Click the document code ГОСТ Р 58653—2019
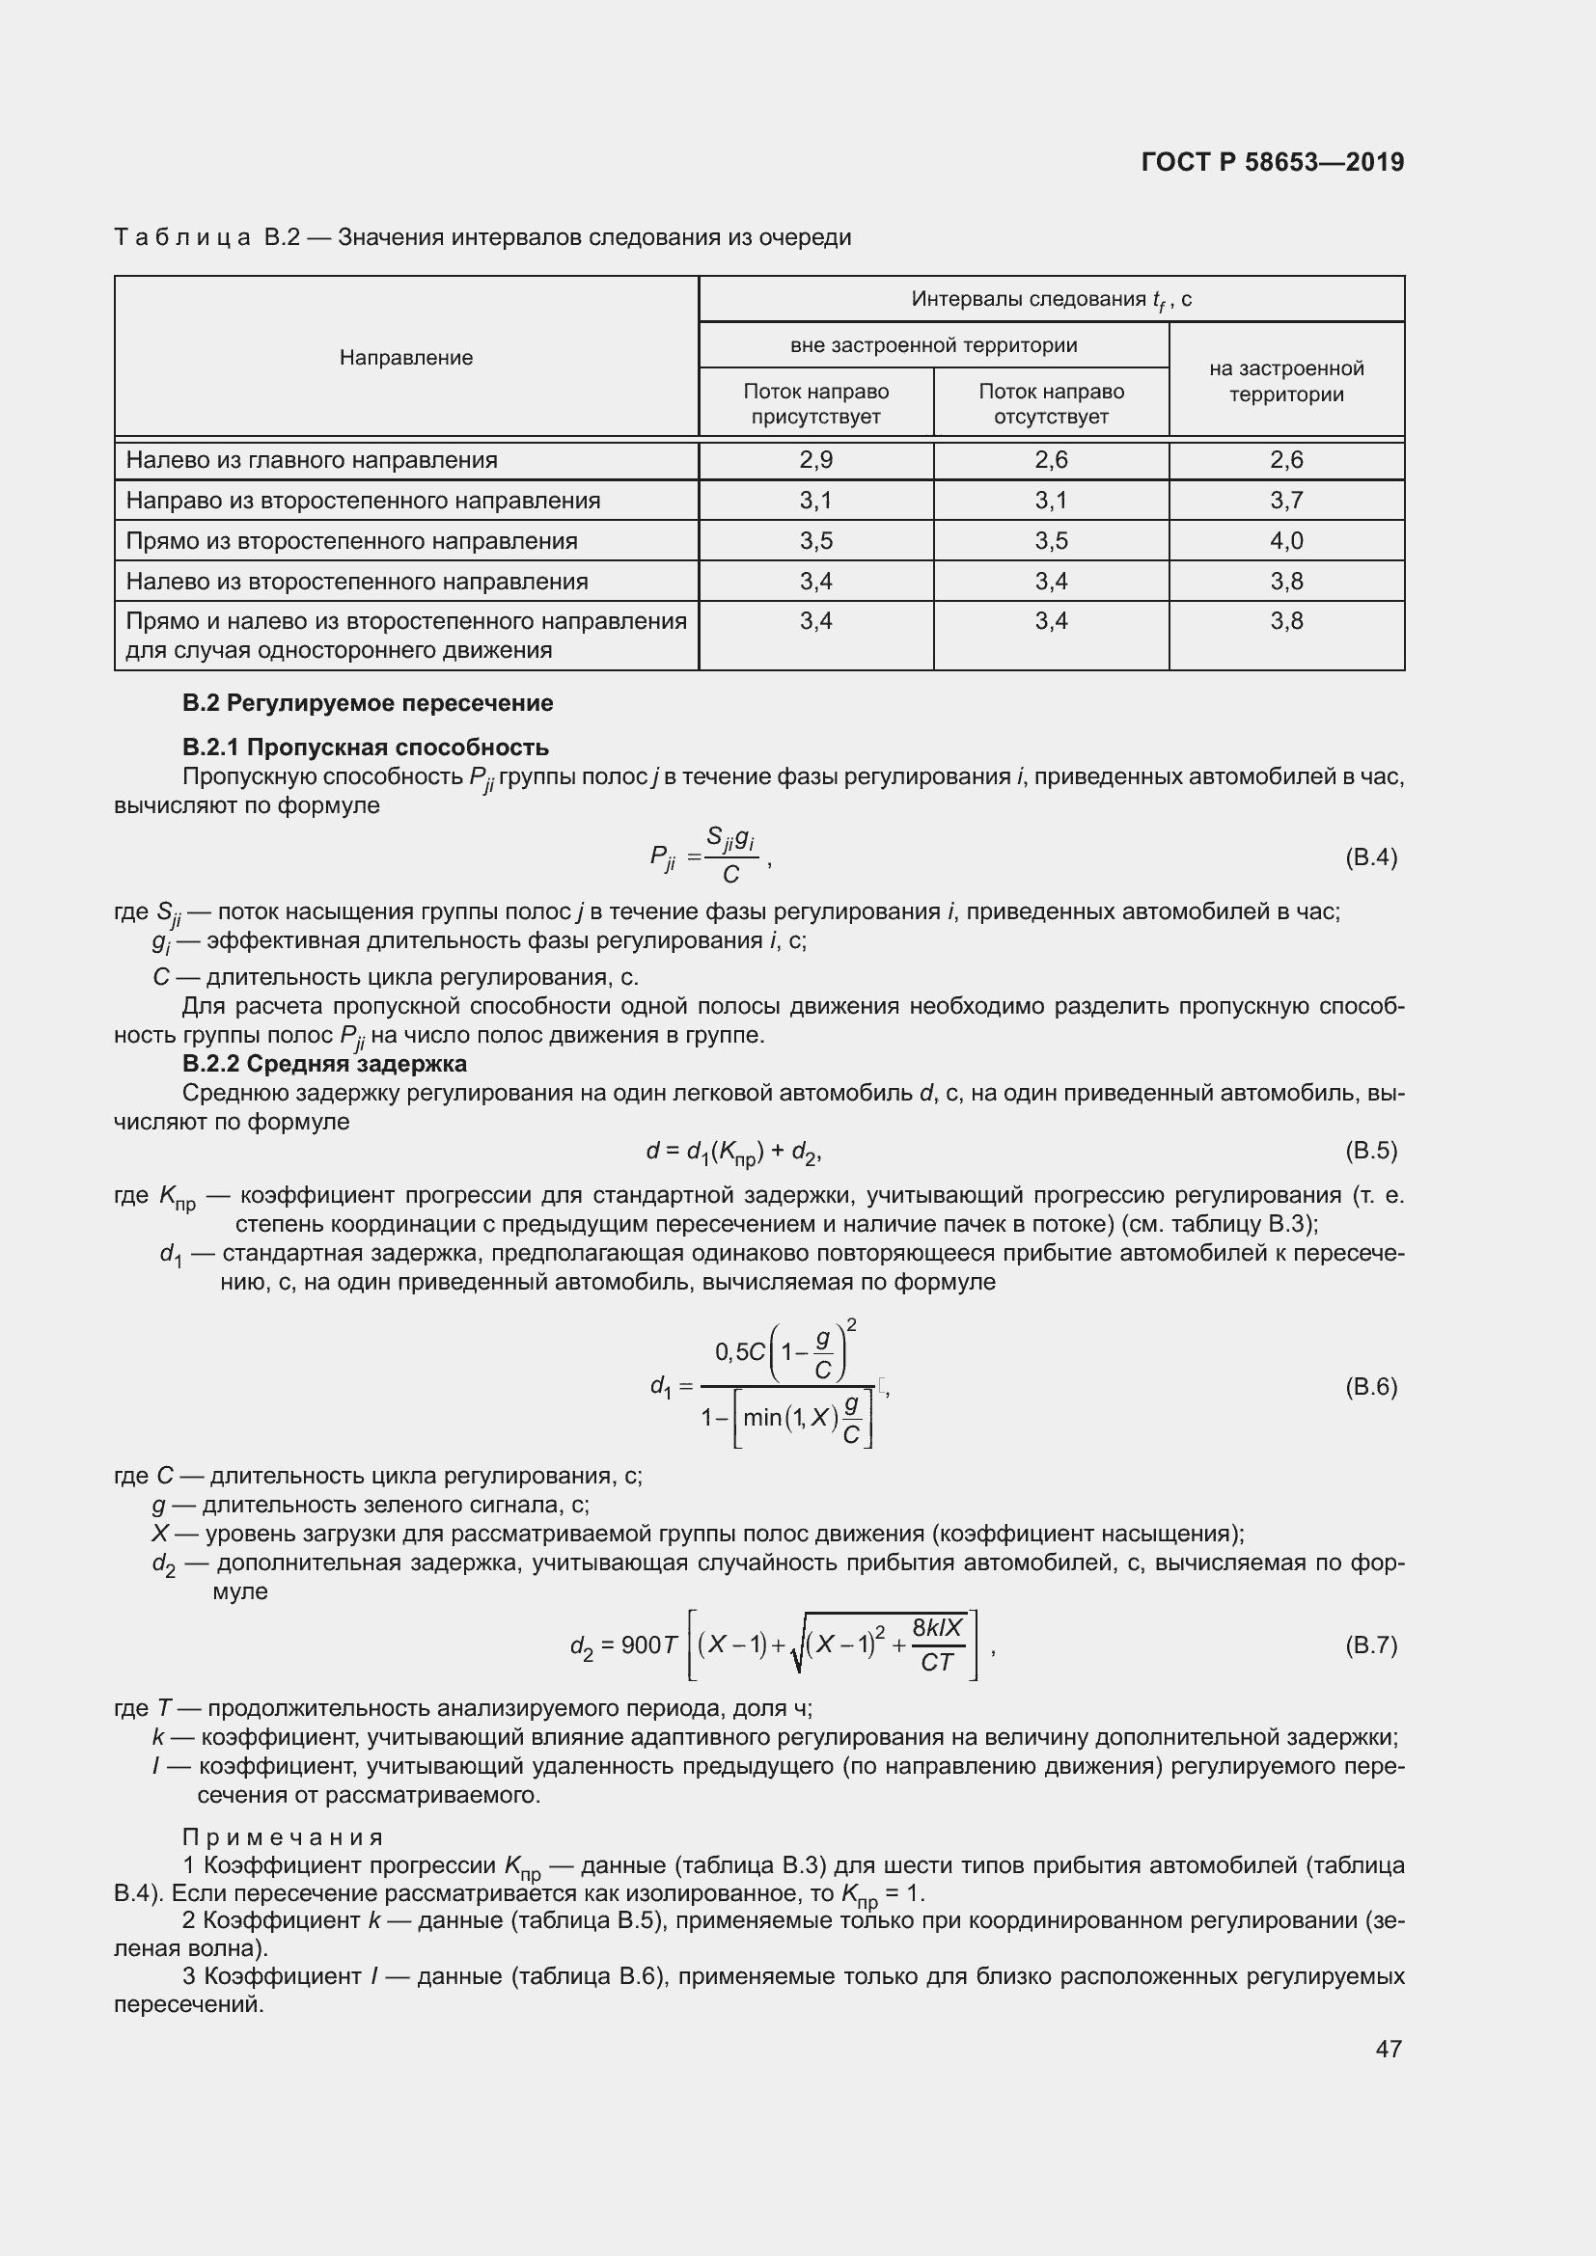pos(1273,162)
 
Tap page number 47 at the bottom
pos(1388,2049)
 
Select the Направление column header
pos(406,358)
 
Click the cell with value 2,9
pos(815,460)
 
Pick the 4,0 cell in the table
pos(1285,540)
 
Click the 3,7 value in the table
pos(1285,501)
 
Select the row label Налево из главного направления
pos(312,460)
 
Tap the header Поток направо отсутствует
pos(1051,404)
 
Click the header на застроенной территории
pos(1285,381)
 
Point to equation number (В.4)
pos(1370,857)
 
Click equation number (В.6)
pos(1370,1386)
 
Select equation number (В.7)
pos(1370,1644)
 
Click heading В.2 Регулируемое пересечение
pos(368,702)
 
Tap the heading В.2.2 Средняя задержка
pos(324,1064)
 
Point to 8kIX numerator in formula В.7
pos(937,1628)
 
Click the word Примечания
pos(283,1836)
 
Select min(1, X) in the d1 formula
pos(790,1417)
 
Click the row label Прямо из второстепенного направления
pos(352,540)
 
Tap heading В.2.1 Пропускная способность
pos(365,747)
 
